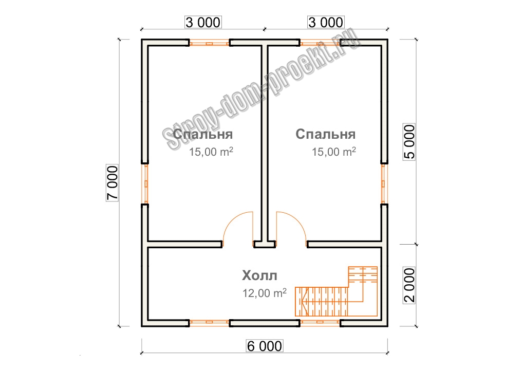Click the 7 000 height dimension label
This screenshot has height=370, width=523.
pyautogui.click(x=113, y=183)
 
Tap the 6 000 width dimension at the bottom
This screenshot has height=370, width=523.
pyautogui.click(x=265, y=346)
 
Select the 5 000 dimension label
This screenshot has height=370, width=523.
pyautogui.click(x=409, y=142)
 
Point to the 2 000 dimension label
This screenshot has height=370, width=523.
pyautogui.click(x=409, y=285)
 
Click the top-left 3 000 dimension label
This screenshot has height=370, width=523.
pyautogui.click(x=203, y=22)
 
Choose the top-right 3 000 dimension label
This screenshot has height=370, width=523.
pyautogui.click(x=326, y=22)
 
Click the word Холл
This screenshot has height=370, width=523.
pyautogui.click(x=259, y=276)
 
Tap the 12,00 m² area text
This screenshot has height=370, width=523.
pyautogui.click(x=265, y=293)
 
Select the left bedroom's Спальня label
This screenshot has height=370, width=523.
pyautogui.click(x=203, y=134)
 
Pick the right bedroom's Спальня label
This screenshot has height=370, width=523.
pyautogui.click(x=326, y=134)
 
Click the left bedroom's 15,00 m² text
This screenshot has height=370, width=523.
pyautogui.click(x=211, y=152)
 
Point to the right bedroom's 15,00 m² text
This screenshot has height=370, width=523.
pyautogui.click(x=334, y=152)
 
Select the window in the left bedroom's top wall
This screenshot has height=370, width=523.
pyautogui.click(x=210, y=43)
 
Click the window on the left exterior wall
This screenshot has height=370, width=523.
pyautogui.click(x=145, y=184)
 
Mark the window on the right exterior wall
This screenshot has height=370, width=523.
pyautogui.click(x=385, y=184)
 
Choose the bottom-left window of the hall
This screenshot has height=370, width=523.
pyautogui.click(x=210, y=323)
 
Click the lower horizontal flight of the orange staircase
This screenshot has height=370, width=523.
pyautogui.click(x=322, y=302)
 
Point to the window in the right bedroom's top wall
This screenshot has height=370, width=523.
pyautogui.click(x=320, y=43)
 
